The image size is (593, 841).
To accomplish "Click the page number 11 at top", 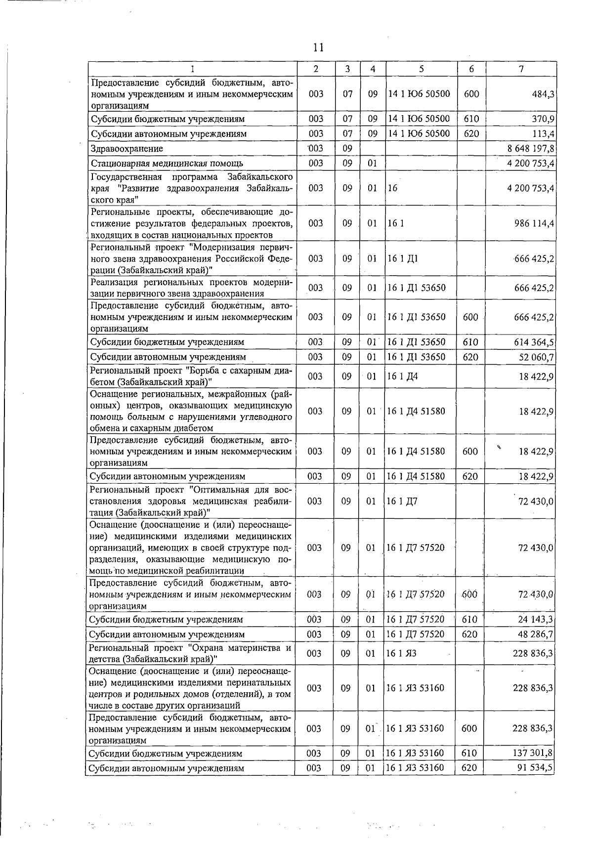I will [x=318, y=47].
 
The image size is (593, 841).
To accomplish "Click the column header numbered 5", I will [x=421, y=70].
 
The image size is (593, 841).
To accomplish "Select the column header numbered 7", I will [x=521, y=70].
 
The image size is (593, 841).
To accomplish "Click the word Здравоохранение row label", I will [x=127, y=149].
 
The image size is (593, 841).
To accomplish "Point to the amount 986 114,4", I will [x=534, y=223].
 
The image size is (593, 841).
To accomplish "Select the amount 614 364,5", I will [x=534, y=342].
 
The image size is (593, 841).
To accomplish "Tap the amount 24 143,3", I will [x=536, y=620].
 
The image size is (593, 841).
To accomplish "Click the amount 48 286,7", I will [x=536, y=634].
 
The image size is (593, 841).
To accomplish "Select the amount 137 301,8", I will [x=533, y=754].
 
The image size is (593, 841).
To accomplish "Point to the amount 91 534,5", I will [x=535, y=768].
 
